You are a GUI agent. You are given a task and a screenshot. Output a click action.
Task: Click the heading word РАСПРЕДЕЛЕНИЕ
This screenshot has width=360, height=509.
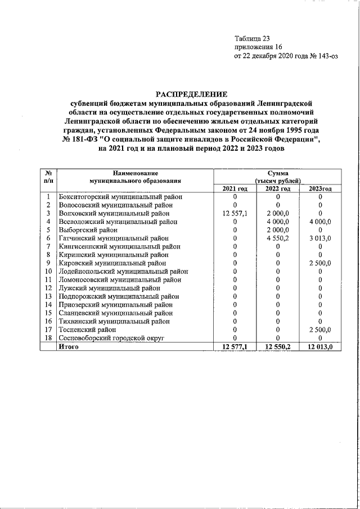(191, 94)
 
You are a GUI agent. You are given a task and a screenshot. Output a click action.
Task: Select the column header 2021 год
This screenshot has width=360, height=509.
(235, 188)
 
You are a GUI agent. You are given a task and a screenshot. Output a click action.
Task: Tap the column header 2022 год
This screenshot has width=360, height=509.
(277, 188)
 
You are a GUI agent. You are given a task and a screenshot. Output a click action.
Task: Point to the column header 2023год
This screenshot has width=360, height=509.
(319, 188)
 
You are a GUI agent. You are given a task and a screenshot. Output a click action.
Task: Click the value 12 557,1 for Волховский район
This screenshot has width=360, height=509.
(235, 214)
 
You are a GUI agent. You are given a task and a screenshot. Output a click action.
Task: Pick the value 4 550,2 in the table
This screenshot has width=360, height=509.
(277, 238)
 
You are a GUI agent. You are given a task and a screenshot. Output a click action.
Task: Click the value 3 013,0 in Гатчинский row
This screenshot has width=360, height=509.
(319, 238)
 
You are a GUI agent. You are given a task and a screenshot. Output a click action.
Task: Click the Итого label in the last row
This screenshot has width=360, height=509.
(69, 347)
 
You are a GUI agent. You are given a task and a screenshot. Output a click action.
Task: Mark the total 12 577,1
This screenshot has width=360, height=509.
(235, 347)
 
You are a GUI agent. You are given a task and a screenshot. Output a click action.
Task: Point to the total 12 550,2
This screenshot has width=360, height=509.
(277, 347)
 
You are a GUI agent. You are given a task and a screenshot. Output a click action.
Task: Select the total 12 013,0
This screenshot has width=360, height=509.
(319, 347)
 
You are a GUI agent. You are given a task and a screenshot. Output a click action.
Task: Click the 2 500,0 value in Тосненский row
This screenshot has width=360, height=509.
(319, 330)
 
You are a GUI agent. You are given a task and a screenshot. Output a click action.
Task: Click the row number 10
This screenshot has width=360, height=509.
(49, 272)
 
